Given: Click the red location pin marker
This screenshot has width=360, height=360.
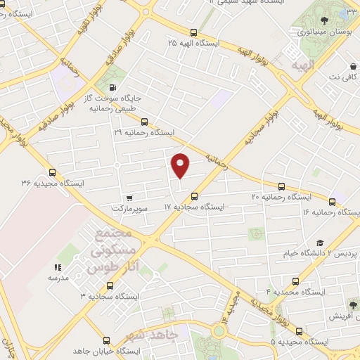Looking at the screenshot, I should pyautogui.click(x=181, y=164).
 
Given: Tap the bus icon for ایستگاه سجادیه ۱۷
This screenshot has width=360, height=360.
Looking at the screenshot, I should pyautogui.click(x=195, y=197).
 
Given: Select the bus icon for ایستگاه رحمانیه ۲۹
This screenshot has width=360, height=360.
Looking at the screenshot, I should pyautogui.click(x=144, y=121).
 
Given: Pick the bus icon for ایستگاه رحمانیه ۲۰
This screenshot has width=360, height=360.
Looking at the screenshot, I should pyautogui.click(x=282, y=187).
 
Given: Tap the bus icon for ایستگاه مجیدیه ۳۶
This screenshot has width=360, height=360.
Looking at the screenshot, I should pyautogui.click(x=52, y=173).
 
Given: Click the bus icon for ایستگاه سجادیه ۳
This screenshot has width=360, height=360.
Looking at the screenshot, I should pyautogui.click(x=108, y=286).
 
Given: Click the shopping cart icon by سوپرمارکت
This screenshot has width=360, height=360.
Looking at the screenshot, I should pyautogui.click(x=127, y=198).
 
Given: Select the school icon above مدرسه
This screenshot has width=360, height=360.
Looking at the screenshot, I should pyautogui.click(x=58, y=267).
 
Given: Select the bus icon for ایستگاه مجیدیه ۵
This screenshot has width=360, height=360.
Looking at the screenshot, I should pyautogui.click(x=300, y=330).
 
